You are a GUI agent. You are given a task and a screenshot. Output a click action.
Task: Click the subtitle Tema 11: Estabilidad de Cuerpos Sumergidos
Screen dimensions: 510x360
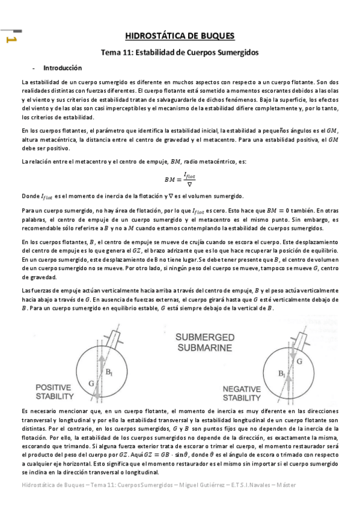(x=180, y=52)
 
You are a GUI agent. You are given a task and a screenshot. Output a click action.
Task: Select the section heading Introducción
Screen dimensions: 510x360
(x=67, y=68)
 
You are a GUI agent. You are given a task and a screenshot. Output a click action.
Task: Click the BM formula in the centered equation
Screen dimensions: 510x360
(x=180, y=179)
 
